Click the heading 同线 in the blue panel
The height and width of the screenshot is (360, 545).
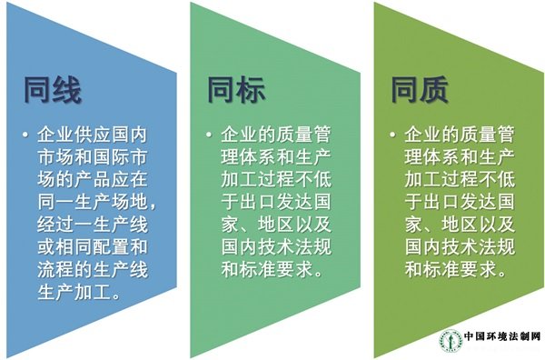pyautogui.click(x=53, y=90)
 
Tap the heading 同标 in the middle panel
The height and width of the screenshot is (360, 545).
pyautogui.click(x=236, y=90)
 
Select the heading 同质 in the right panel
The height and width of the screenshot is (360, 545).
pyautogui.click(x=420, y=90)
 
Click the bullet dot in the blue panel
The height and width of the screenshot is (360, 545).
pyautogui.click(x=25, y=135)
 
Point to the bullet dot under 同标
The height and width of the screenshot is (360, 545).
pyautogui.click(x=209, y=135)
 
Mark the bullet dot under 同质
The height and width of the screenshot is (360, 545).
pyautogui.click(x=392, y=135)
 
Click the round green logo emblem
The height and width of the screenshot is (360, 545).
pyautogui.click(x=451, y=340)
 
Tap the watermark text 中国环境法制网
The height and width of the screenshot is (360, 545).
pyautogui.click(x=502, y=336)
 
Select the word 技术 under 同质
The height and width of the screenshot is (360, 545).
pyautogui.click(x=460, y=247)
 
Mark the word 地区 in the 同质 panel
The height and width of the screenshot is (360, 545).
pyautogui.click(x=460, y=225)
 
